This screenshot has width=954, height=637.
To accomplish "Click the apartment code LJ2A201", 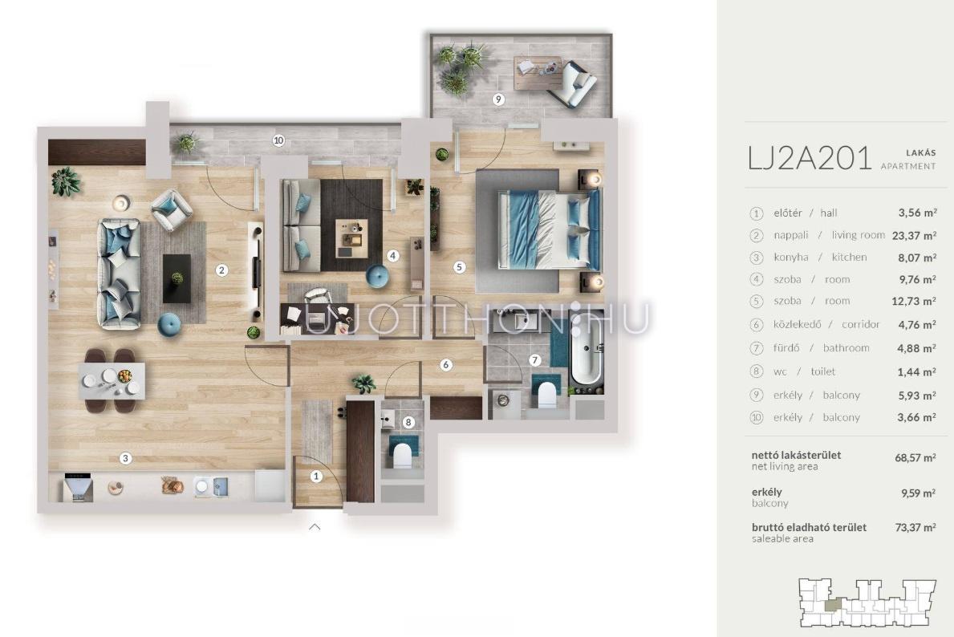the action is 810,158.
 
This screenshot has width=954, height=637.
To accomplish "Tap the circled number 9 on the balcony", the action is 498,99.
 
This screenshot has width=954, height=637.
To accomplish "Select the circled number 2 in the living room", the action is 222,270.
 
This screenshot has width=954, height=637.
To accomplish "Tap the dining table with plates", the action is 112,380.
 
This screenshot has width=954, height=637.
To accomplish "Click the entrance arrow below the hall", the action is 315,527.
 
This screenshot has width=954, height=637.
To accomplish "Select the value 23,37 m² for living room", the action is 914,235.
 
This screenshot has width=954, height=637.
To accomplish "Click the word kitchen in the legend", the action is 850,258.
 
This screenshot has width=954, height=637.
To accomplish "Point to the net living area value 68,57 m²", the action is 915,457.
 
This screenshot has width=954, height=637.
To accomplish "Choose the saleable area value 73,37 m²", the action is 915,527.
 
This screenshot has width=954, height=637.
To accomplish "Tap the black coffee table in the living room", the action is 177,278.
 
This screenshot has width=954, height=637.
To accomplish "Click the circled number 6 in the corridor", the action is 446,365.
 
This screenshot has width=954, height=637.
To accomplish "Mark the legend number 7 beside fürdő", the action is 757,349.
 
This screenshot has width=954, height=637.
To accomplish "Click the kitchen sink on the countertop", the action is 212,487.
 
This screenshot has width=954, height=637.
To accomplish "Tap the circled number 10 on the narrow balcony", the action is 278,140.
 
